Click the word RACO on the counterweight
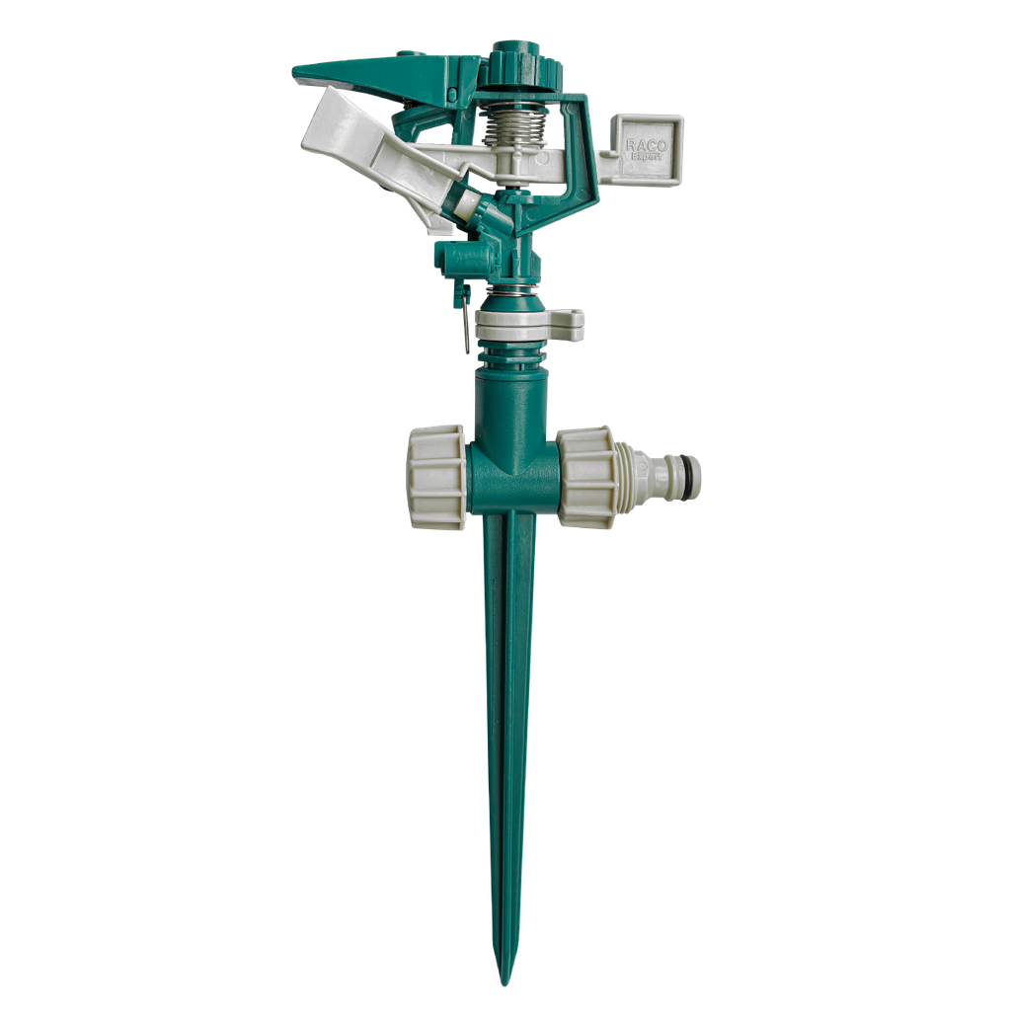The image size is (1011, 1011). [647, 145]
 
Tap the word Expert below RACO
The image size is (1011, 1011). [648, 156]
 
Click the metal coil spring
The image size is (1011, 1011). [515, 128]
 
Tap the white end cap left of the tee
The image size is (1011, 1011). [435, 478]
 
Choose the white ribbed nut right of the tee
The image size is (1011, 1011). [586, 477]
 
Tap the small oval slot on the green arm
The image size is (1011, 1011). [451, 94]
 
